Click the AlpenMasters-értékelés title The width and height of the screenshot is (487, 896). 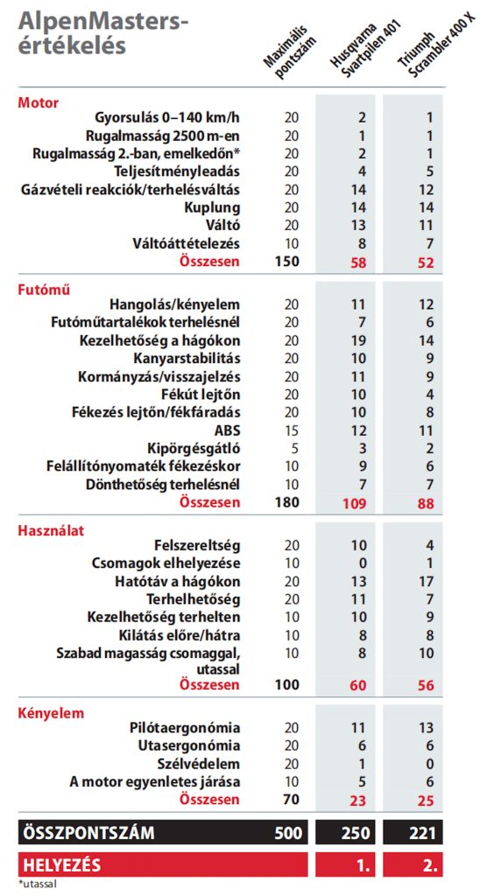point(103,34)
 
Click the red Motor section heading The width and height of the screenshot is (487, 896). point(39,103)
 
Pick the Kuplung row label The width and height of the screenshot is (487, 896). point(212,208)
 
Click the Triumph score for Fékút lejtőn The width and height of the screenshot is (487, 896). point(430,395)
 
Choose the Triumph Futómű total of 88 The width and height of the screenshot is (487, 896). point(425,503)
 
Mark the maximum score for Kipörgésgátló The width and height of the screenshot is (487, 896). point(292,449)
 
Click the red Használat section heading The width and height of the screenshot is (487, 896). point(51,531)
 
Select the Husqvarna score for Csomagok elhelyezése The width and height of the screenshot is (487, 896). point(362,564)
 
